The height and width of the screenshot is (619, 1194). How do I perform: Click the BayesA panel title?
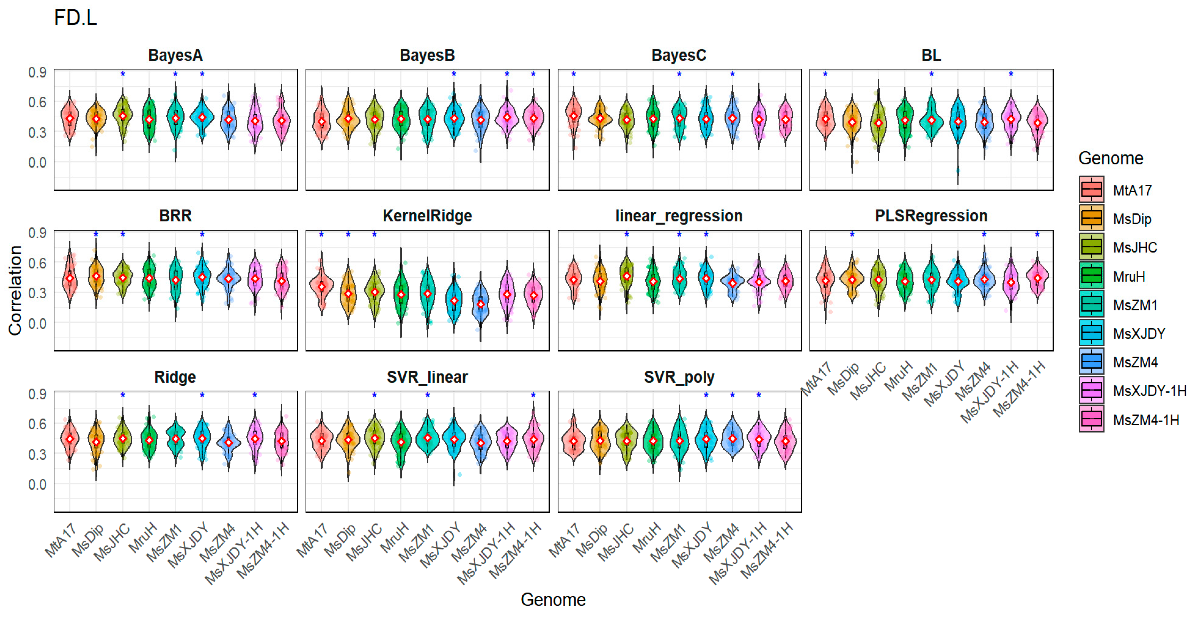(x=175, y=55)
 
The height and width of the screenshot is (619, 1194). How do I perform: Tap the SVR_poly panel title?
(x=679, y=377)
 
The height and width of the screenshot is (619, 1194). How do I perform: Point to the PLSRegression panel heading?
(x=931, y=216)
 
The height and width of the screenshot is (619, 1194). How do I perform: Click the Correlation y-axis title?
(x=15, y=290)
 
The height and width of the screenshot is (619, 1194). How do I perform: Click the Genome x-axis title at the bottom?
(x=553, y=600)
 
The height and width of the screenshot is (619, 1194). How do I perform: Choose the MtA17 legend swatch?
(x=1091, y=190)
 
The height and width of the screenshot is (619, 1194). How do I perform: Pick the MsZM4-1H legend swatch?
(x=1091, y=419)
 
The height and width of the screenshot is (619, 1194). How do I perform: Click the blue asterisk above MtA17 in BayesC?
(x=573, y=74)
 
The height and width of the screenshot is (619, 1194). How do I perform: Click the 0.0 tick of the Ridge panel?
(x=37, y=485)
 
